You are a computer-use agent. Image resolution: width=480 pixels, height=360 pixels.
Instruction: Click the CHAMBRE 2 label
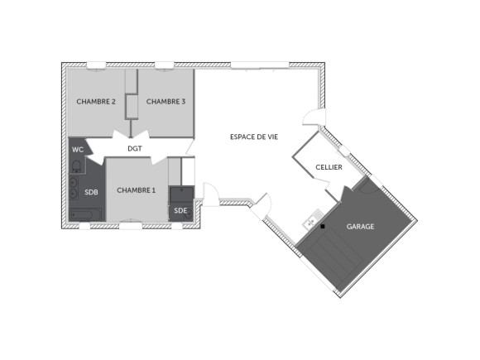(96, 101)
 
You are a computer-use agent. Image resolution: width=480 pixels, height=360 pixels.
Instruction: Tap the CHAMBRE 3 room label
(166, 101)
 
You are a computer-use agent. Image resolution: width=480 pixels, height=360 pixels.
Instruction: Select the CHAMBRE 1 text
(136, 190)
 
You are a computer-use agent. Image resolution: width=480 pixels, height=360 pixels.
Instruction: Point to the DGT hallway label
(136, 149)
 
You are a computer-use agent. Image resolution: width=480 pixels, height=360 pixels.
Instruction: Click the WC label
(78, 149)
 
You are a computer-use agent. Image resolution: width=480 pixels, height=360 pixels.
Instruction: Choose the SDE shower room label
(180, 211)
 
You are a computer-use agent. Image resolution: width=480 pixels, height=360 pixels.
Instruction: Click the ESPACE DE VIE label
(253, 137)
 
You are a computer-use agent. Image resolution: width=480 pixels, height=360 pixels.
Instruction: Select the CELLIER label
(329, 167)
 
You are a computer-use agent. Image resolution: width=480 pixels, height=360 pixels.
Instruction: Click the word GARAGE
(360, 226)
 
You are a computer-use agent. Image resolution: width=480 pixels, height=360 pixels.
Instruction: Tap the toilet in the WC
(74, 163)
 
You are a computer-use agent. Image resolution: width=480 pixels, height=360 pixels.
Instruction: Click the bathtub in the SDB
(85, 215)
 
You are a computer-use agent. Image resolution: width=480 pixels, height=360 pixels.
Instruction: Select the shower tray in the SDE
(180, 193)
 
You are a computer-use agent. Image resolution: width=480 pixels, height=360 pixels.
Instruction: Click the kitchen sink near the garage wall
(310, 220)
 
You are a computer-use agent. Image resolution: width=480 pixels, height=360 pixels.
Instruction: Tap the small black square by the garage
(324, 226)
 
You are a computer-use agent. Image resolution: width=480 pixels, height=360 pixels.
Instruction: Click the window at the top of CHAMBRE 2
(96, 64)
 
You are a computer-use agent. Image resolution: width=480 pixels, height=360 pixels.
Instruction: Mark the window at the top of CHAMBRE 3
(166, 64)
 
